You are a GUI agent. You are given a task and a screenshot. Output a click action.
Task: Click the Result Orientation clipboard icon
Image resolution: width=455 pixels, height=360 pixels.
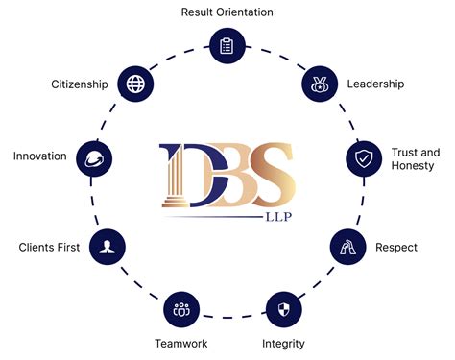(x=227, y=45)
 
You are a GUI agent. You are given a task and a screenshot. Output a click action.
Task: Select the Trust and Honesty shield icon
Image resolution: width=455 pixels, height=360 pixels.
(x=362, y=159)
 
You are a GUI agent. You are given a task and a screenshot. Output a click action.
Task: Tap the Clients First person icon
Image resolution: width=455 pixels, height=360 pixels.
(x=106, y=248)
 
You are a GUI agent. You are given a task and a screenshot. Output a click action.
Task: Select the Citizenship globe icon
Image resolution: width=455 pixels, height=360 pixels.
(x=135, y=84)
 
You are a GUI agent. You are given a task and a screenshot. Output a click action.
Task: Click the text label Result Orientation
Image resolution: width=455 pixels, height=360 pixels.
(x=227, y=12)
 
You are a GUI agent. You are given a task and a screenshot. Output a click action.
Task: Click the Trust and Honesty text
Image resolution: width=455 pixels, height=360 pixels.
(x=415, y=159)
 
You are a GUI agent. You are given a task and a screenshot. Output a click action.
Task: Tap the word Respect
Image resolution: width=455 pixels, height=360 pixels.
(x=396, y=248)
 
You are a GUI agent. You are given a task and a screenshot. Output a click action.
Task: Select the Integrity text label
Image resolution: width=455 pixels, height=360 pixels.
(x=285, y=343)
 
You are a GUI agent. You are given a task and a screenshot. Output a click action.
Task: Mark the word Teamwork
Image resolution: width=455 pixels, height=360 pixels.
(x=180, y=343)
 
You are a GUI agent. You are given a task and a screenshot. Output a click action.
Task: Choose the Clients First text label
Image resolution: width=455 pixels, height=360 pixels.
(x=48, y=248)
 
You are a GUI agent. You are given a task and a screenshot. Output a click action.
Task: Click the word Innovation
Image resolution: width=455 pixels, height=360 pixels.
(x=39, y=156)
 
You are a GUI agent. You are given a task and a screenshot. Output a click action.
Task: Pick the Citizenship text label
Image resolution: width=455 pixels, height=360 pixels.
(x=79, y=84)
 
